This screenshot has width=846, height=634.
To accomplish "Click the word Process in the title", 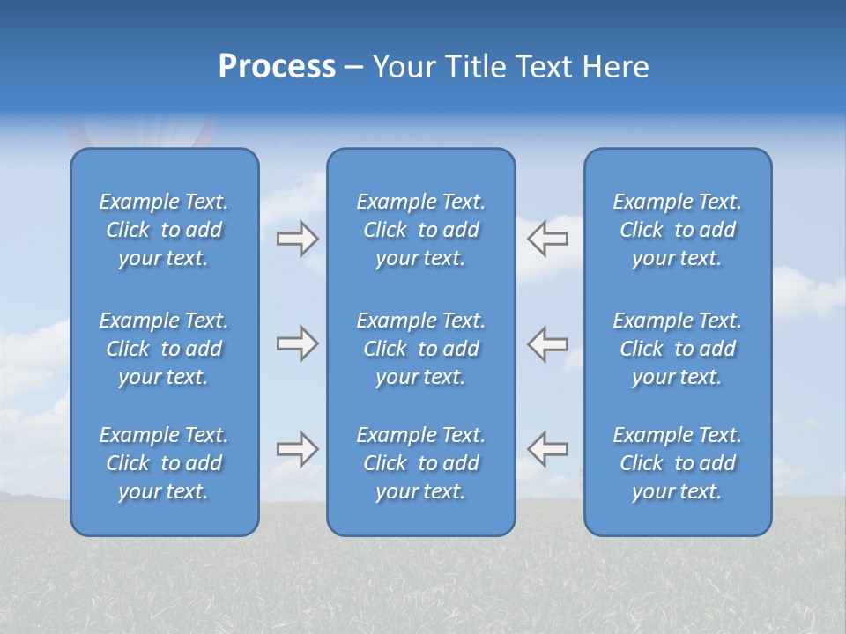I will click(x=277, y=67).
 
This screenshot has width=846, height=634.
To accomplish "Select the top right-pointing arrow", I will click(x=297, y=239).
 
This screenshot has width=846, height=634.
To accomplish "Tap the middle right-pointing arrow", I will click(x=297, y=344).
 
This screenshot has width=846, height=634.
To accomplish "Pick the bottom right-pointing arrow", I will click(x=297, y=449).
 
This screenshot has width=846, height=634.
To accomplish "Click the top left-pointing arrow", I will click(x=548, y=239).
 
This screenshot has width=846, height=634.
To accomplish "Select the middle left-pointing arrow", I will click(x=548, y=344).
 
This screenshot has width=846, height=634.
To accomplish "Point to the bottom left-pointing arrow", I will click(x=548, y=449).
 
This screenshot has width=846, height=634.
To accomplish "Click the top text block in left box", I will click(x=164, y=230).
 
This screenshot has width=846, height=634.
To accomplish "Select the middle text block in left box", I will click(x=164, y=349).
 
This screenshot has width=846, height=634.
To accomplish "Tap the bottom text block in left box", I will click(x=164, y=463).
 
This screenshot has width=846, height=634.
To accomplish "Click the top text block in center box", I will click(x=421, y=230).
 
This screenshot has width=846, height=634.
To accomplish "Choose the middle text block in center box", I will click(x=421, y=349).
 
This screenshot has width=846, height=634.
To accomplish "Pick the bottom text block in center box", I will click(x=421, y=463).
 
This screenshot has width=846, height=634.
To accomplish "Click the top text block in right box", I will click(x=678, y=230).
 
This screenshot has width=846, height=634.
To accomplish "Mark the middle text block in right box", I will click(x=678, y=349).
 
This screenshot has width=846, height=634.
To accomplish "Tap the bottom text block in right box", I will click(x=678, y=463).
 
